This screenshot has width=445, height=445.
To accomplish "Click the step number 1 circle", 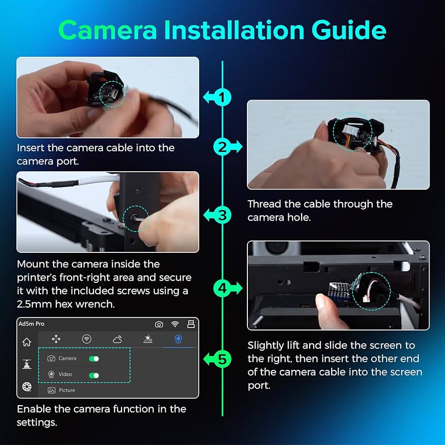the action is point(222,98).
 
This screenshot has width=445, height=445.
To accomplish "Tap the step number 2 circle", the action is point(222,147).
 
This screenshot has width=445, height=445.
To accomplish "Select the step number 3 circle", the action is point(222,215).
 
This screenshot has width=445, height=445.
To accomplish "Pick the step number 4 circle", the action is point(222,288).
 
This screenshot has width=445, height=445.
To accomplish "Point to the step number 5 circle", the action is point(222,359).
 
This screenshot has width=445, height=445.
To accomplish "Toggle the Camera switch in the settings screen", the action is point(94,359).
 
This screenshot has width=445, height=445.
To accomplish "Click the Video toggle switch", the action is point(94,375).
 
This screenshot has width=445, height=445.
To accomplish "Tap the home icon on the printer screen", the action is point(27,342).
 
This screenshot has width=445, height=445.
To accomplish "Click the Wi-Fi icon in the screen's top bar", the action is point(175,324).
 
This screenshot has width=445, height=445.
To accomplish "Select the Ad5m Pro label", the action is point(31,324).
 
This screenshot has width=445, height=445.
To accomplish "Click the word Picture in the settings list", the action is point(67,390).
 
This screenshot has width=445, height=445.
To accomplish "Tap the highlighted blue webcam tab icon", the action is point(178,339).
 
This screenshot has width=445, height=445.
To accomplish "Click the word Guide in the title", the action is point(349,30).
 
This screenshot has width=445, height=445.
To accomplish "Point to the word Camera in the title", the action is point(108,30).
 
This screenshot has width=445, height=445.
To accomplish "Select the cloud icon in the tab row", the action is point(117,339).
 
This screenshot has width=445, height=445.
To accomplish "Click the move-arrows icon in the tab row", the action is point(56,339).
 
